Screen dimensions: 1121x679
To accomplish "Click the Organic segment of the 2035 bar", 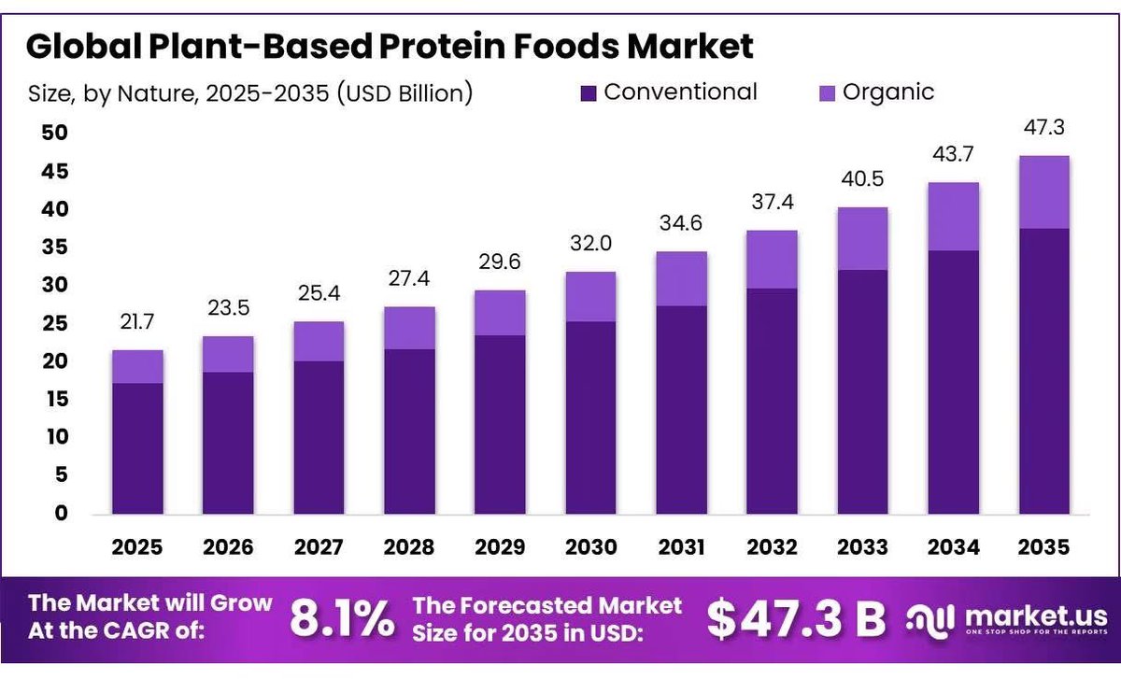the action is click(x=1044, y=192).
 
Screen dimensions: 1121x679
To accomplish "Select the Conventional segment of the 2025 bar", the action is click(x=137, y=448).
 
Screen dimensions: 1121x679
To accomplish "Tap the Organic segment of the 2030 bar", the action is click(x=591, y=297).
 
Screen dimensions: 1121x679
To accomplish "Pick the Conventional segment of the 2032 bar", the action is click(x=773, y=401).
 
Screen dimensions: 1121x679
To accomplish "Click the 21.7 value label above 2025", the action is click(x=137, y=321).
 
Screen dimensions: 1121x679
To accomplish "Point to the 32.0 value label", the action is click(x=591, y=243).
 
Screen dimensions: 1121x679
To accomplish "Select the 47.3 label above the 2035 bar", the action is click(x=1044, y=127).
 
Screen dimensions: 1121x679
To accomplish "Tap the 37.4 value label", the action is click(x=773, y=202).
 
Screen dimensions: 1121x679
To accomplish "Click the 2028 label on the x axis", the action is click(x=409, y=547).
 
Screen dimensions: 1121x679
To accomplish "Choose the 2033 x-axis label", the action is click(x=863, y=547).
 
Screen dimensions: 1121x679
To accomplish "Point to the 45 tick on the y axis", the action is click(x=54, y=171).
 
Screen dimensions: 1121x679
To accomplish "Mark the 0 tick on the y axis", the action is click(x=61, y=513).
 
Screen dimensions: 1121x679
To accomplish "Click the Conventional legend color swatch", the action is click(x=589, y=93).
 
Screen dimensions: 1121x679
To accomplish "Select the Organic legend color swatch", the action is click(x=828, y=93).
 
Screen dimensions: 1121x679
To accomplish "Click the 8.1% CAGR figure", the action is click(x=342, y=619).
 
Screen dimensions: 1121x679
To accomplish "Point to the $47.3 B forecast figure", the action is click(x=796, y=619).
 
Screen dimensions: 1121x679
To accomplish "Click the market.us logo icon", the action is click(x=930, y=621).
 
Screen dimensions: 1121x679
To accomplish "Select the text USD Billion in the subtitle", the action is click(x=404, y=93).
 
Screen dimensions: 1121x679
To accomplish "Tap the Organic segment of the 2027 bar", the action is click(x=319, y=341).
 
